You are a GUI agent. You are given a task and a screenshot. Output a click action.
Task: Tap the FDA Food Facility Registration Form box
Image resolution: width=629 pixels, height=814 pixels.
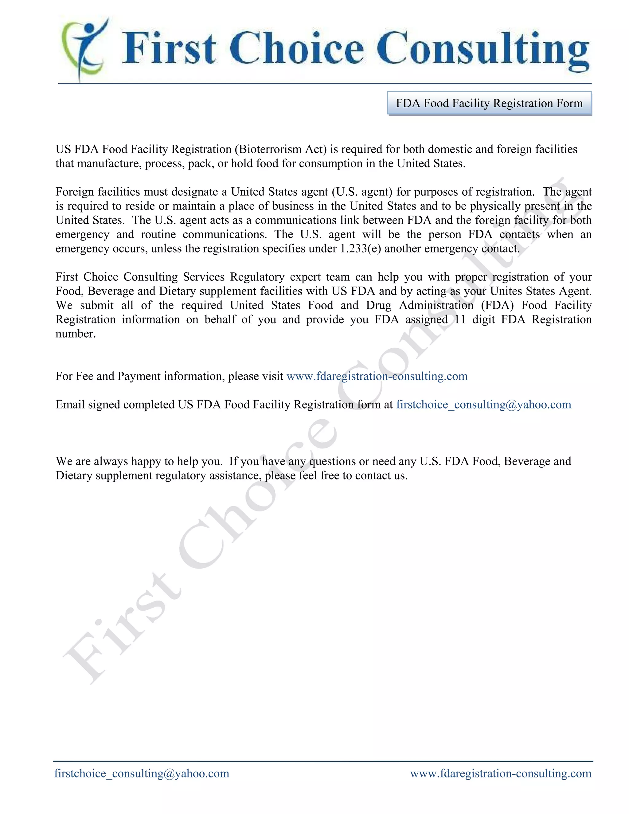pos(489,103)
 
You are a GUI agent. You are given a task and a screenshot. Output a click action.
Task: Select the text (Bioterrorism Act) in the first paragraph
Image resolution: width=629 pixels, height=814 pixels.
pos(281,149)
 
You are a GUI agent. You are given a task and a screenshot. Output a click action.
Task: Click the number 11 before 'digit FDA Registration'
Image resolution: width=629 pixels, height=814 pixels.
pos(460,319)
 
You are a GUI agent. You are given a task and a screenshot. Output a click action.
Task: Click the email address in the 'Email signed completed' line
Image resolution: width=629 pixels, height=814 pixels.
pos(483,405)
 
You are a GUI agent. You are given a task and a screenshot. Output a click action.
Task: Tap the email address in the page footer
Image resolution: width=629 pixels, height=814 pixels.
pos(142,773)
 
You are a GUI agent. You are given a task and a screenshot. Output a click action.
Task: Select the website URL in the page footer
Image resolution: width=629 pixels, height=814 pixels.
pos(500,773)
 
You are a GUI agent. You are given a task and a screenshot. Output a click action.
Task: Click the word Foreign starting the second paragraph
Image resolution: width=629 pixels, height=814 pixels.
pos(75,192)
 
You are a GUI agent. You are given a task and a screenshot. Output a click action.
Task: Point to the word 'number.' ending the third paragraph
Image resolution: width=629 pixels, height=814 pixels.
pos(76,334)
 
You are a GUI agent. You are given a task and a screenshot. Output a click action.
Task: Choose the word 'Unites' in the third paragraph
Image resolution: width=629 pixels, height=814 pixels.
pos(506,291)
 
